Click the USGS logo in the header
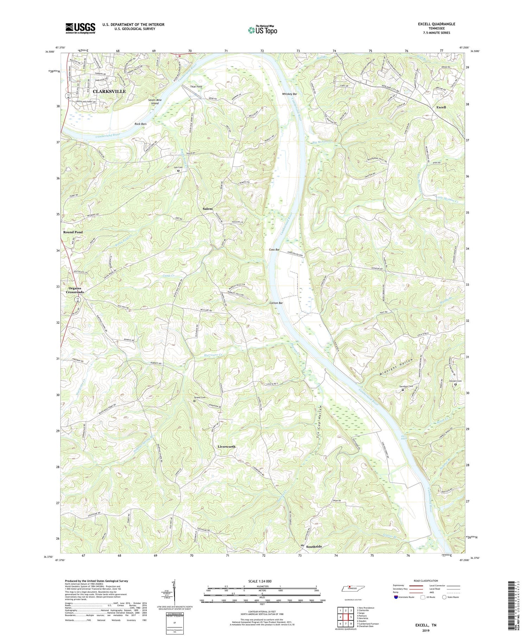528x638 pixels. point(80,28)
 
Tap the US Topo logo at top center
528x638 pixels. point(262,30)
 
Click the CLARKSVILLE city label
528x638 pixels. point(109,91)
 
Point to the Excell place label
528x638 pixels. point(441,107)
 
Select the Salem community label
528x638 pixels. point(208,209)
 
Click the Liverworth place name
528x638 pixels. point(226,447)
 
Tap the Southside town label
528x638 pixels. point(314,547)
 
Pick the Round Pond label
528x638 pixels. point(73,232)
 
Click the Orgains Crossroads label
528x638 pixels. point(75,290)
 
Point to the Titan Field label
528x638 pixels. point(196,86)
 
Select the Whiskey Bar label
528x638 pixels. point(289,94)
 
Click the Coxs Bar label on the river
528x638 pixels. point(274,249)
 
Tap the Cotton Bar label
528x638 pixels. point(276,303)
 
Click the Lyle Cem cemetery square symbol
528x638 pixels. point(178,171)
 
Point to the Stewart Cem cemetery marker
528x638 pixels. point(455,384)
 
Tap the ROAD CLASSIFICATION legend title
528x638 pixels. point(426,581)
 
